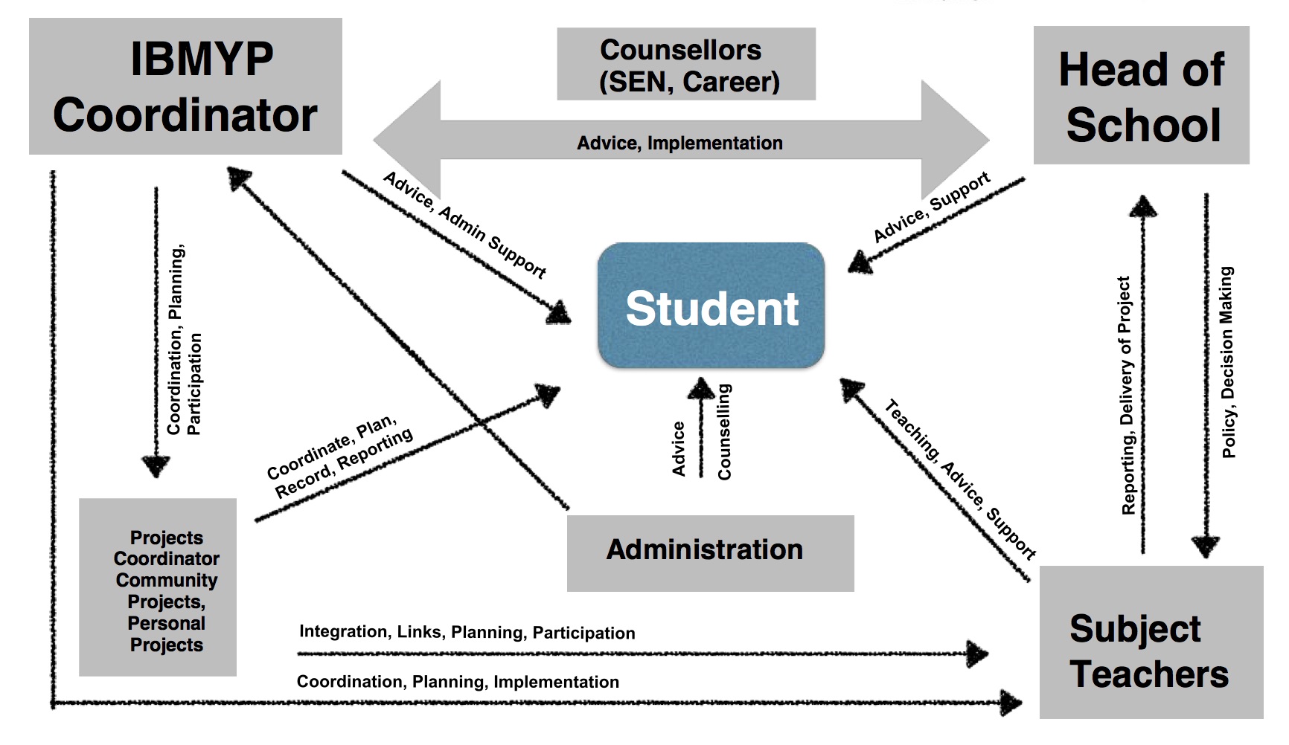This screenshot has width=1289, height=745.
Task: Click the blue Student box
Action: tap(711, 306)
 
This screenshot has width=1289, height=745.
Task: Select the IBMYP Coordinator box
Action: tap(185, 86)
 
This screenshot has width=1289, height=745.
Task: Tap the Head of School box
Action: tap(1141, 95)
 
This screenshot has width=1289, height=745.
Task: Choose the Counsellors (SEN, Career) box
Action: tap(685, 65)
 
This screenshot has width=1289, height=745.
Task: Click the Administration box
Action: tap(710, 552)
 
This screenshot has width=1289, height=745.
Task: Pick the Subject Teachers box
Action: tap(1151, 642)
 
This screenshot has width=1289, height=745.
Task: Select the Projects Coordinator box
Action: tap(158, 587)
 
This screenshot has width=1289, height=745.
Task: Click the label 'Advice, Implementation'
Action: tap(679, 143)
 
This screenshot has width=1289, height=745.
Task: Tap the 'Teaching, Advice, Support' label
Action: tap(960, 480)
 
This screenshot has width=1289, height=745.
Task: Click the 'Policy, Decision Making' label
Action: tap(1227, 363)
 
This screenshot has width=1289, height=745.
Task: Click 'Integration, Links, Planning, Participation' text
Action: tap(467, 632)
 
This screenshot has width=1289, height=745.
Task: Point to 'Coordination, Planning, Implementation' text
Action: tap(458, 682)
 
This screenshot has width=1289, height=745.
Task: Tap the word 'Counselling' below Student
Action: tap(723, 432)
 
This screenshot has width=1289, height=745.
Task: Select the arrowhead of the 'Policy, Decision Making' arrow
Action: tap(1206, 546)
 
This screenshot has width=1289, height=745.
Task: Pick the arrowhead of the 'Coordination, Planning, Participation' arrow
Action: tap(156, 465)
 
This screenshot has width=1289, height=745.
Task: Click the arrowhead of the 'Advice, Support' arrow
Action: tap(860, 262)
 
